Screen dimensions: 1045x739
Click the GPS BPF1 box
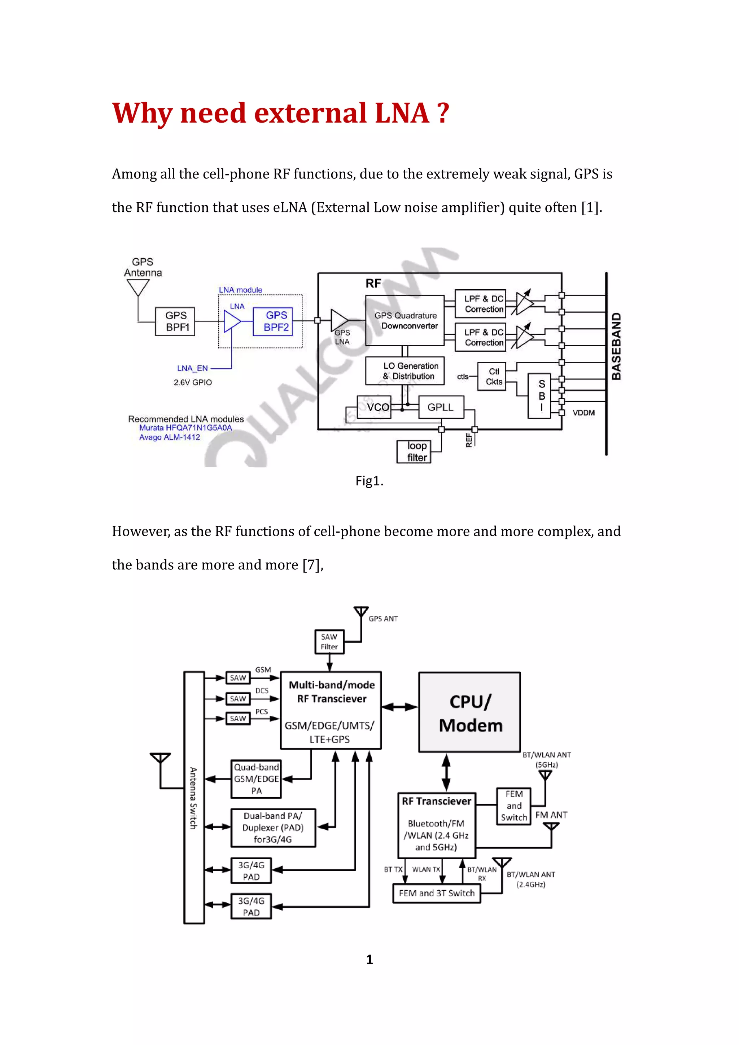pos(175,321)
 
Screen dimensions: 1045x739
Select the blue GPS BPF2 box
pos(272,321)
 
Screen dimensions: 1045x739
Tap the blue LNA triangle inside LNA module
pos(231,321)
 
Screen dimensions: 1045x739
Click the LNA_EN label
pos(192,368)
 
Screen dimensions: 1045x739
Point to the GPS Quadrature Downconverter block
pos(405,321)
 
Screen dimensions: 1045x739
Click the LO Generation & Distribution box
pos(405,371)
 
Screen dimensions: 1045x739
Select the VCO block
pos(374,407)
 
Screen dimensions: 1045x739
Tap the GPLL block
pos(440,407)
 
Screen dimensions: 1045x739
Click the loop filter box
pos(413,451)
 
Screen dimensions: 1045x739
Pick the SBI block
pos(539,396)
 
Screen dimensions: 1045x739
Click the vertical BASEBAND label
pos(616,346)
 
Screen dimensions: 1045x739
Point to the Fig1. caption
pos(369,481)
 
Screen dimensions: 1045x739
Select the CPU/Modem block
pos(469,712)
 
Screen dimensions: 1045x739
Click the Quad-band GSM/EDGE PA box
pos(256,779)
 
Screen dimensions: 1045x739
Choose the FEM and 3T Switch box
pos(436,893)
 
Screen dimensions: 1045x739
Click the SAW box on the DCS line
pos(238,698)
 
